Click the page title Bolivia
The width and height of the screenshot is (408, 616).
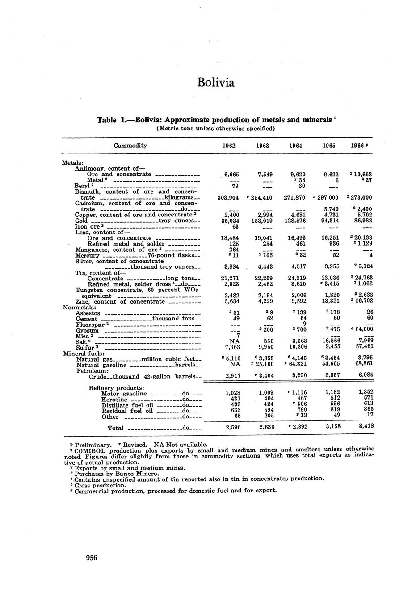[215, 83]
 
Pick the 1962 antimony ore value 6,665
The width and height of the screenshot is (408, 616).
[231, 175]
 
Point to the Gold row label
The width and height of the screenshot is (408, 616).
[81, 221]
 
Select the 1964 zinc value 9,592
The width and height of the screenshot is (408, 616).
[295, 302]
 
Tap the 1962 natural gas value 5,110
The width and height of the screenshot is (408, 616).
[233, 358]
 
